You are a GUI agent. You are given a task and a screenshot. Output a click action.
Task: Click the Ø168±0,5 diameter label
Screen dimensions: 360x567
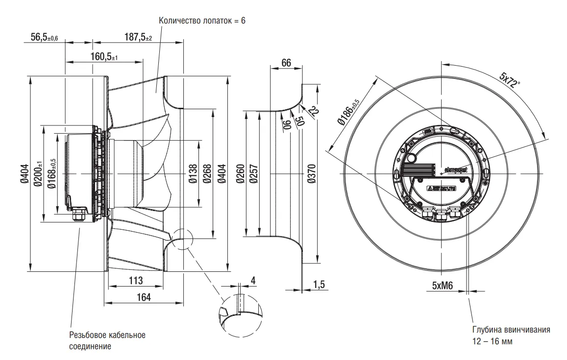click(x=50, y=174)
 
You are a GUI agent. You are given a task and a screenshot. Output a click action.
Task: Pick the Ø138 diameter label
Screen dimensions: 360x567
click(x=193, y=174)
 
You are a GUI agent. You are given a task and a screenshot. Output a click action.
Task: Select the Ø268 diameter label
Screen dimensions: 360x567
click(x=207, y=174)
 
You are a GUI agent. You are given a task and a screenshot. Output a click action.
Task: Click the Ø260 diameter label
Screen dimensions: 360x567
click(x=240, y=174)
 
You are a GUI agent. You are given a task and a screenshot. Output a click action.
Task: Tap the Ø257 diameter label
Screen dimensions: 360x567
click(x=253, y=174)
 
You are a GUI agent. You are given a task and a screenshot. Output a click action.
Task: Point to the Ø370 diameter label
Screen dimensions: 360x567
click(x=312, y=174)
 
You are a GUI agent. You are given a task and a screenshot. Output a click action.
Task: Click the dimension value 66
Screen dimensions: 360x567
click(x=286, y=63)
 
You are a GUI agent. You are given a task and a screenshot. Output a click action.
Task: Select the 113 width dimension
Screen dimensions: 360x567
click(x=135, y=281)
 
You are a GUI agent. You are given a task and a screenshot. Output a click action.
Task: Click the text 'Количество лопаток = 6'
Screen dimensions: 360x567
click(x=202, y=21)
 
